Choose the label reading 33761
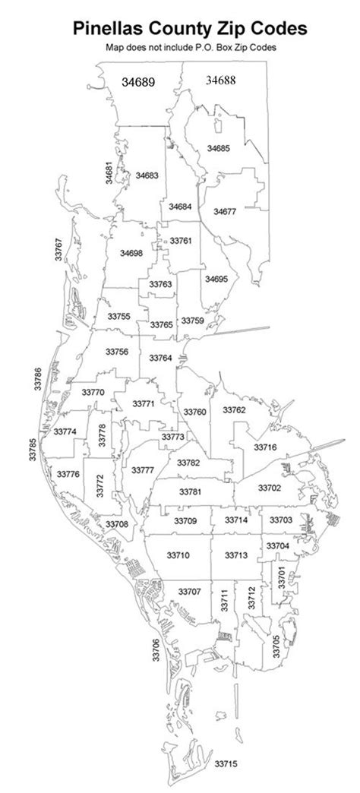pyautogui.click(x=180, y=241)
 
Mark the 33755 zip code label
pyautogui.click(x=118, y=315)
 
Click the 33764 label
pyautogui.click(x=160, y=358)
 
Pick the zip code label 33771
pyautogui.click(x=144, y=403)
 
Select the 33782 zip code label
pyautogui.click(x=188, y=463)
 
